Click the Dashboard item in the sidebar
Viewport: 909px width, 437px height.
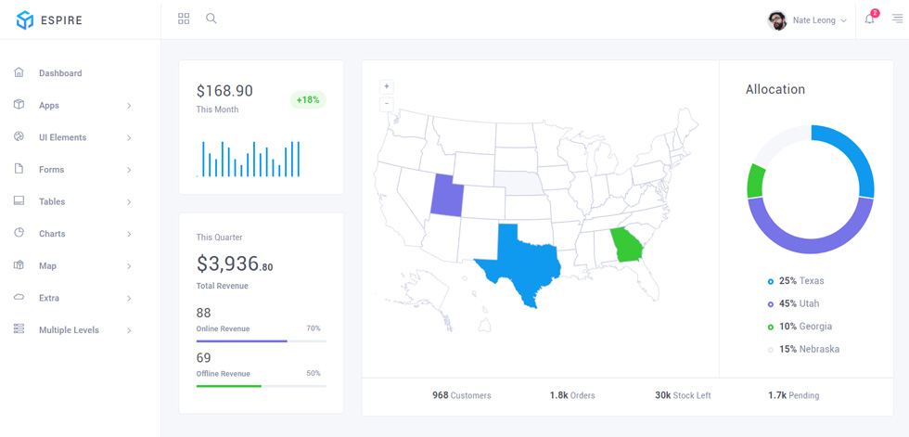coord(60,73)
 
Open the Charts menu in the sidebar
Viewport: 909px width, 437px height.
coord(52,234)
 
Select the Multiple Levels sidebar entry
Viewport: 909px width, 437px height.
coord(69,329)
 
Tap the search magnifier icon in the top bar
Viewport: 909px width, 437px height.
coord(211,19)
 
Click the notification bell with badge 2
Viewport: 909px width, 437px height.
coord(869,19)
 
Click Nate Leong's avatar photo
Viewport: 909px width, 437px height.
coord(777,20)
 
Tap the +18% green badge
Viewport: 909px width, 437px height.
coord(308,99)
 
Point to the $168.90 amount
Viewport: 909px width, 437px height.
coord(224,91)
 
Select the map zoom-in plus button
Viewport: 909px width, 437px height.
coord(387,87)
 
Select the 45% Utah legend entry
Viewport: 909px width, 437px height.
coord(794,303)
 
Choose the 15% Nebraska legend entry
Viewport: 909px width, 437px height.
coord(803,350)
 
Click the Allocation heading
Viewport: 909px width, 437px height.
coord(775,89)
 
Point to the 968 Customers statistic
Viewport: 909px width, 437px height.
coord(462,396)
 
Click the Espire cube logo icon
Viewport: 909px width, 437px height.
coord(25,20)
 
